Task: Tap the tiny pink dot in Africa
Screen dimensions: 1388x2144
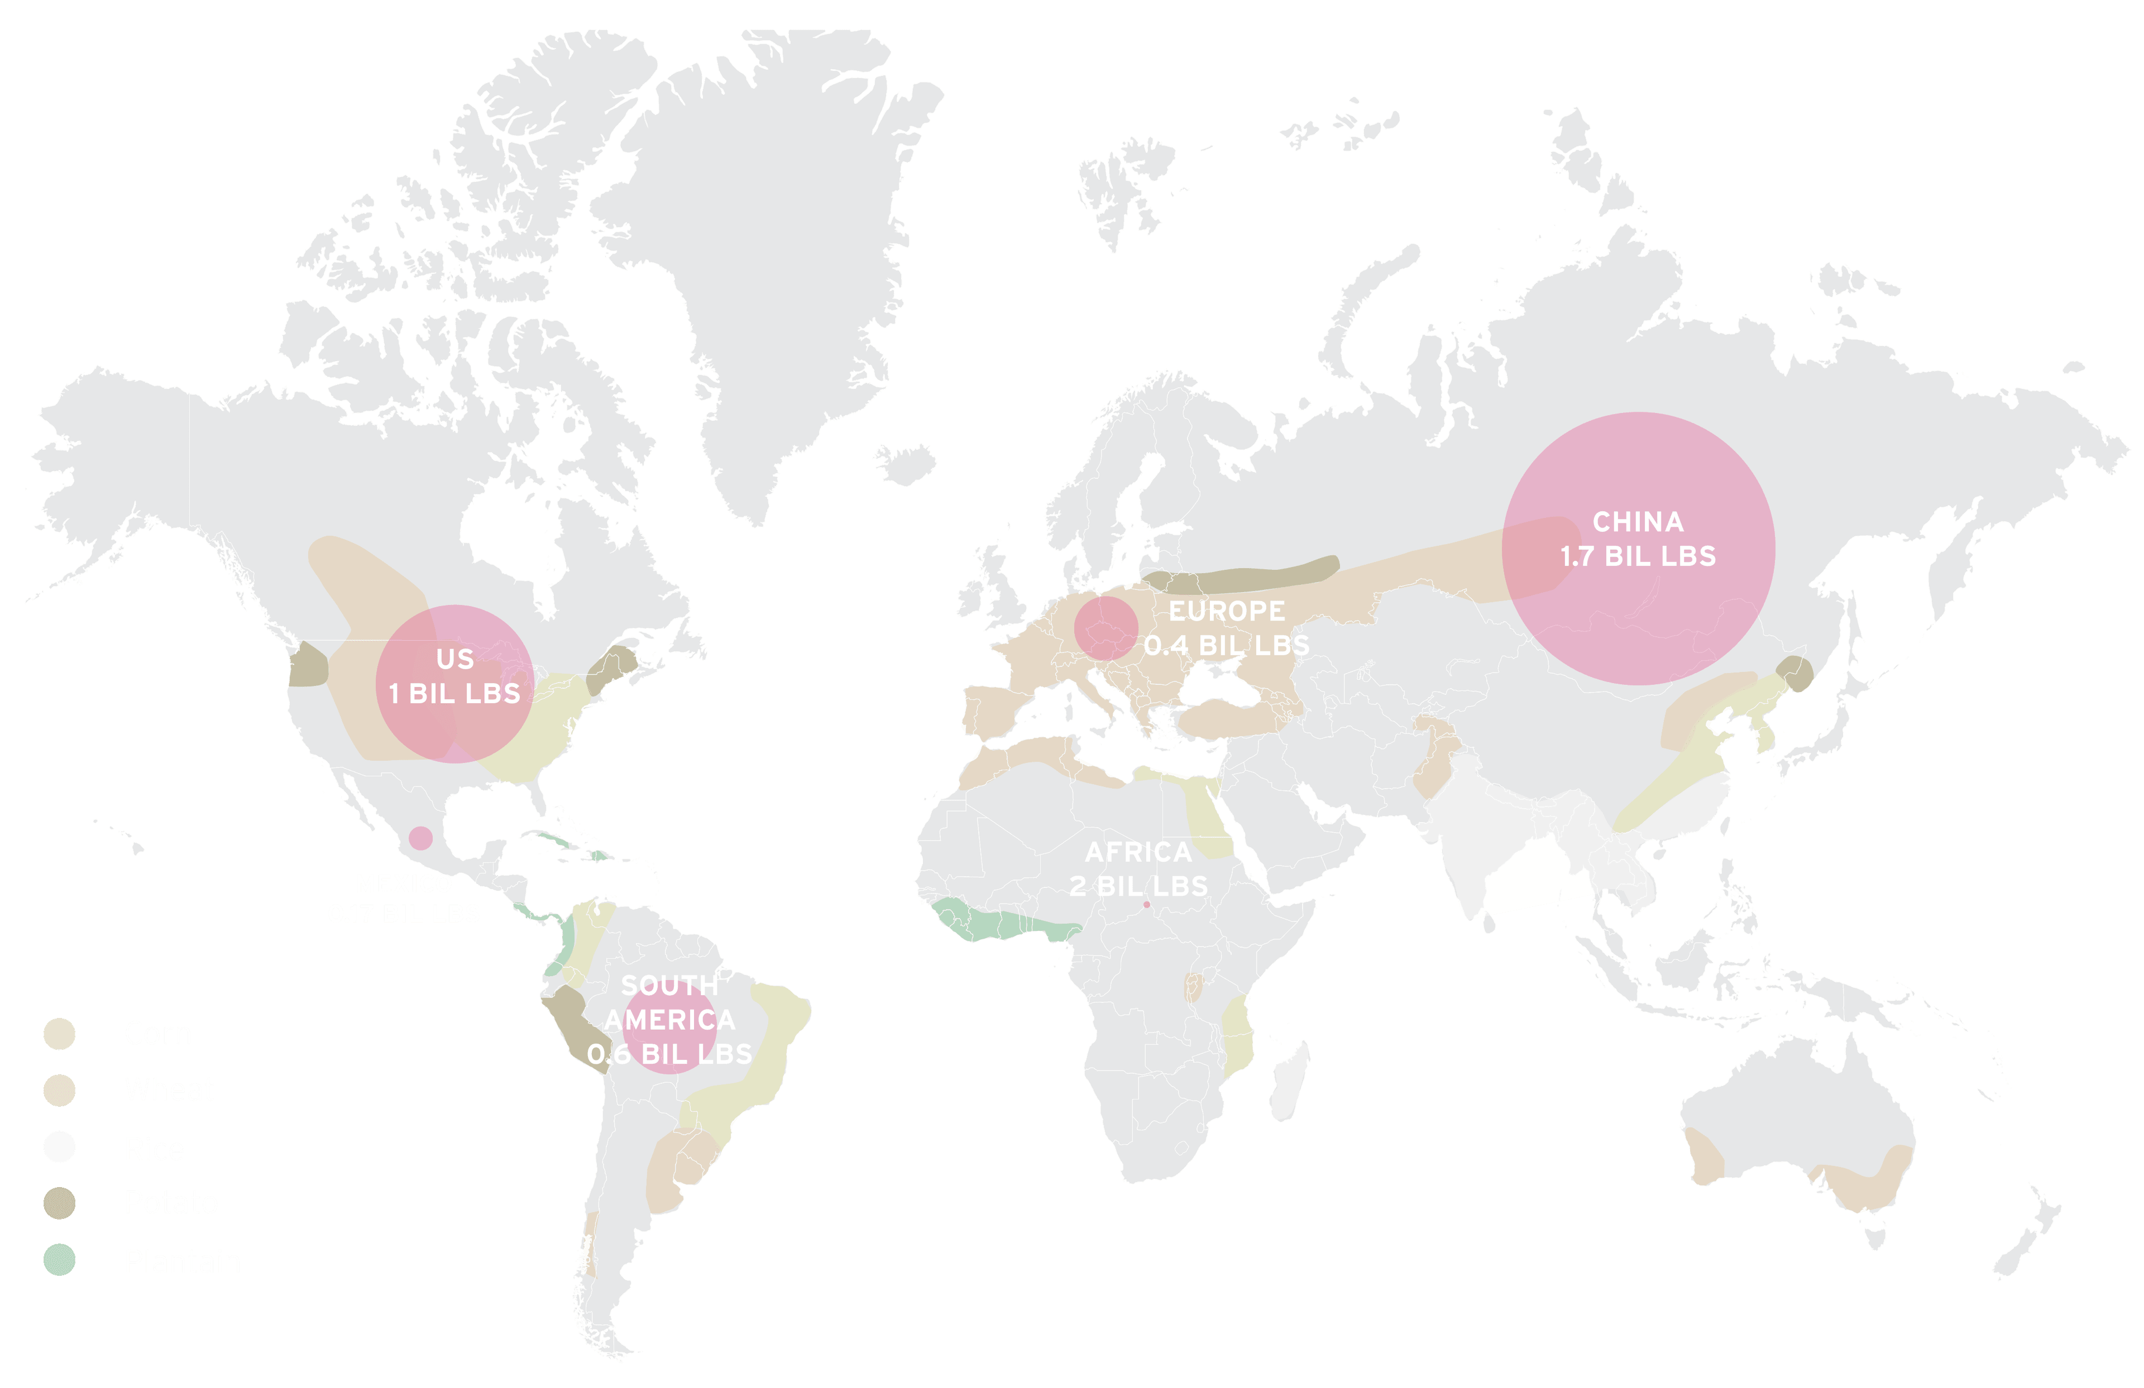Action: [1147, 904]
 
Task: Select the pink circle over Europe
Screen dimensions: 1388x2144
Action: [1105, 628]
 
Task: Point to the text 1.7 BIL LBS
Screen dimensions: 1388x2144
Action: [1638, 556]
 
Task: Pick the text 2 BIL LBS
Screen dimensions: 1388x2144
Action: [1138, 886]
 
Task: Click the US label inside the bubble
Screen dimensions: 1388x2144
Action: [455, 659]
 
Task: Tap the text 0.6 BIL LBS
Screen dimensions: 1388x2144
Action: [669, 1054]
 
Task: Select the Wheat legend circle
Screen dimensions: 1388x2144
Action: [59, 1091]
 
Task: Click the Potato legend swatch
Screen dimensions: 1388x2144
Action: [59, 1203]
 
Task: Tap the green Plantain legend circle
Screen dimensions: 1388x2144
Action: [59, 1261]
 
